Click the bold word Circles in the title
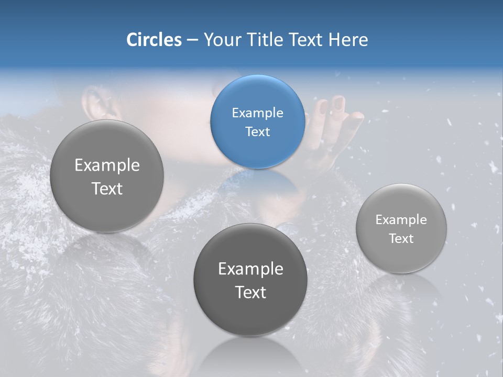[154, 40]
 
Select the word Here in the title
[348, 40]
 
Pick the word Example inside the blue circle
[257, 113]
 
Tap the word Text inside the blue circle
[257, 131]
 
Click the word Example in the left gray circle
[107, 165]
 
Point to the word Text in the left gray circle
[107, 188]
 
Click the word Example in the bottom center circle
[250, 269]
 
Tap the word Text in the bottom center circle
[250, 292]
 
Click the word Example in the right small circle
[401, 219]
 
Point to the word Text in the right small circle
[401, 238]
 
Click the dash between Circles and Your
[192, 40]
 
